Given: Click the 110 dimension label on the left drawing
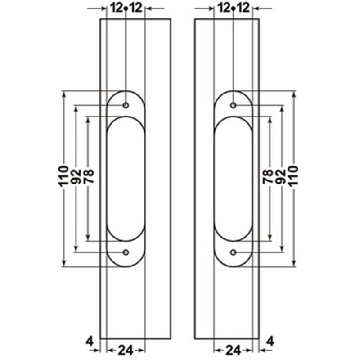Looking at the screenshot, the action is click(63, 176).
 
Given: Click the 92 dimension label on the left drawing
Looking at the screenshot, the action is click(76, 176).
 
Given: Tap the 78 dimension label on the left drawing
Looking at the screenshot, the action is click(89, 176).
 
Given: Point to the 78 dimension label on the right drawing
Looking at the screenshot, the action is click(268, 176).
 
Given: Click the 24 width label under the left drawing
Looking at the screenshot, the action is click(126, 351).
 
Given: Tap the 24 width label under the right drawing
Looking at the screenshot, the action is click(234, 351).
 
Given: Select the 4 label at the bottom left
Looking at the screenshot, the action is click(90, 342).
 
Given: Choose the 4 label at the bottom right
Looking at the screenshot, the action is click(270, 342).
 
